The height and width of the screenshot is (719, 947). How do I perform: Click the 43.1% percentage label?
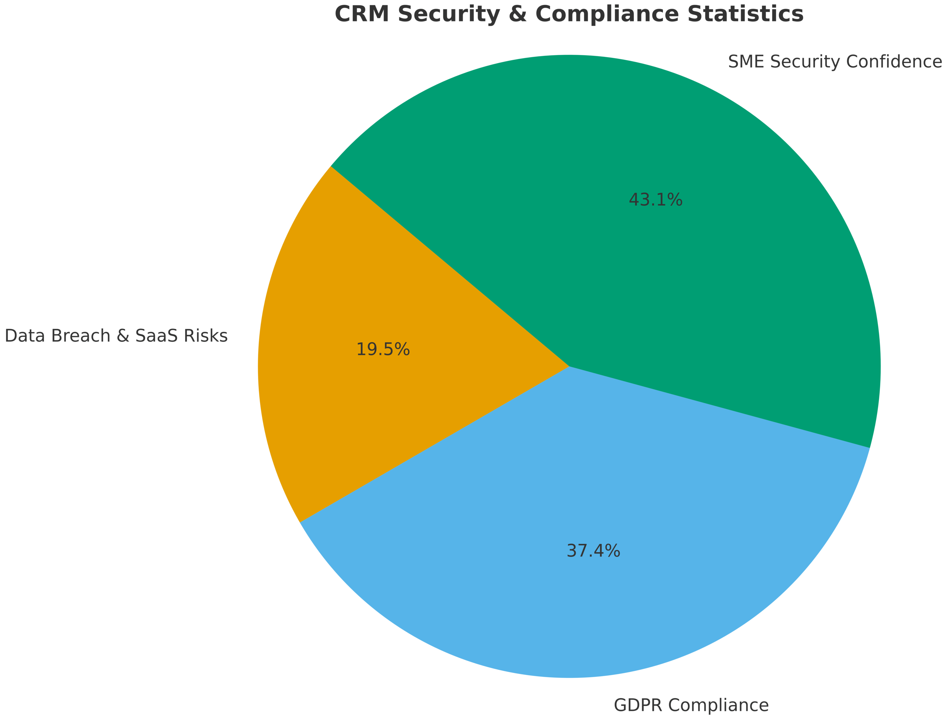(655, 200)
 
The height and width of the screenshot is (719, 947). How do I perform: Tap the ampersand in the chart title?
(517, 14)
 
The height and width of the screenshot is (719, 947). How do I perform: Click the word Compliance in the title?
(607, 14)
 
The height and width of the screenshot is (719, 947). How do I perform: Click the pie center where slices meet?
(569, 366)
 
